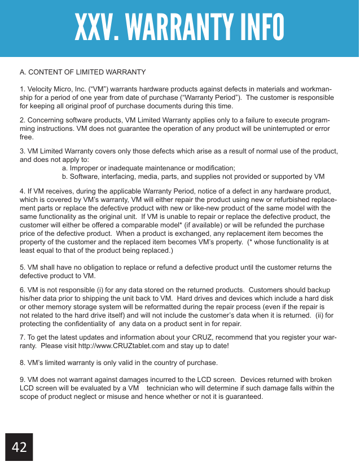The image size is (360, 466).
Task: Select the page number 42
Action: click(19, 447)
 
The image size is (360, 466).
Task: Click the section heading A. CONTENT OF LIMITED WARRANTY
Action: click(82, 73)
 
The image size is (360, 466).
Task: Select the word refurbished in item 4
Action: click(290, 200)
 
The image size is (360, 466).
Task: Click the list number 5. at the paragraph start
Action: click(23, 267)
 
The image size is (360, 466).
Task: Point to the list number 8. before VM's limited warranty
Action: click(23, 362)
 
